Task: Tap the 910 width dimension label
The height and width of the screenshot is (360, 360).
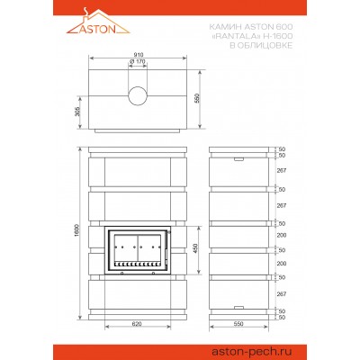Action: [x=139, y=55]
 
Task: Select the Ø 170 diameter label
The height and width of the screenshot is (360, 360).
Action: [x=138, y=61]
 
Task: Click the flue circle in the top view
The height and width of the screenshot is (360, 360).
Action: [x=138, y=96]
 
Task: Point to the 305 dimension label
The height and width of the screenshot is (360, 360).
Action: [x=76, y=112]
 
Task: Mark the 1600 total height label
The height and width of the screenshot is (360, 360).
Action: [x=76, y=230]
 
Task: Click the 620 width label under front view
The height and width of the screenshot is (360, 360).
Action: [x=137, y=324]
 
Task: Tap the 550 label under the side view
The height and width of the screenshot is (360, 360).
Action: [x=238, y=324]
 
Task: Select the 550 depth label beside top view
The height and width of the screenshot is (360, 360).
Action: [x=197, y=98]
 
